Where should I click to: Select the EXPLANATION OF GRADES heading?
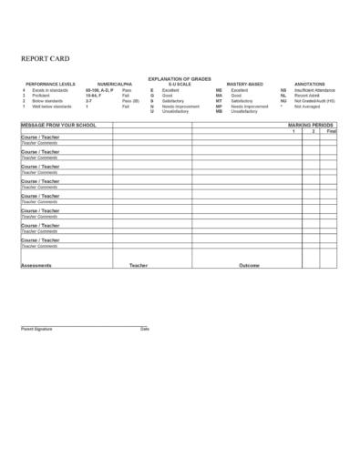pos(179,79)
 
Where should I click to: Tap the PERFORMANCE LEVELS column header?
pos(45,85)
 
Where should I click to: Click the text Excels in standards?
pos(50,90)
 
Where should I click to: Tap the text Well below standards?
pos(52,107)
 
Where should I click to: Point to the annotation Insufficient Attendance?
pos(315,90)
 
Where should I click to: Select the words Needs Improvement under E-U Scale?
pos(180,107)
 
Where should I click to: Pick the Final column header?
pos(331,131)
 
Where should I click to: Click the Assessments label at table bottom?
pos(36,265)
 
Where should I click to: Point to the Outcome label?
pos(249,265)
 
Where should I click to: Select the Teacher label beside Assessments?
pos(139,265)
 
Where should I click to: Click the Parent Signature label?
pos(36,328)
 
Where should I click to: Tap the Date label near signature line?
pos(144,328)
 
